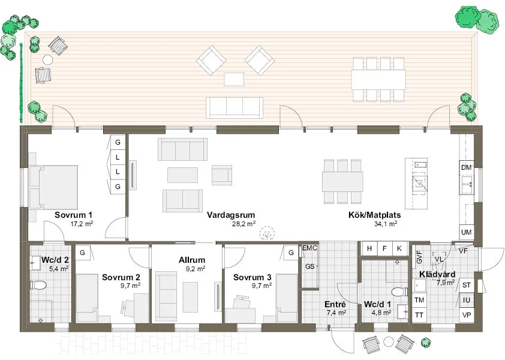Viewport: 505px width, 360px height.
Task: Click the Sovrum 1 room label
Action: [x=73, y=215]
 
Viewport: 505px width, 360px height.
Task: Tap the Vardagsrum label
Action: [x=231, y=215]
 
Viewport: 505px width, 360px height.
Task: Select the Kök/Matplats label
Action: [x=375, y=215]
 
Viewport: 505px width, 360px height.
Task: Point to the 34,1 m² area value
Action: [x=385, y=224]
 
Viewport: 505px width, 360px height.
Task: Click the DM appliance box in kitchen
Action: [x=467, y=167]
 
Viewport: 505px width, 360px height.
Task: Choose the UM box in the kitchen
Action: [x=467, y=232]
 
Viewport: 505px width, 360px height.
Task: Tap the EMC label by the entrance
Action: [x=309, y=248]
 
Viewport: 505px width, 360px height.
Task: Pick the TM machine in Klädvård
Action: [x=419, y=300]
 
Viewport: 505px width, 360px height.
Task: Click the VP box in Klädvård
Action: [x=467, y=315]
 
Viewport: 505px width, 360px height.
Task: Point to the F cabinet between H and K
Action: [x=384, y=248]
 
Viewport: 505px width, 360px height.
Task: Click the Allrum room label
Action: [x=192, y=260]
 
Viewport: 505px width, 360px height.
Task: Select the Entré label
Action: [x=335, y=305]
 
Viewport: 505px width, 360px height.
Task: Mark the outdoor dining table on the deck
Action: [x=378, y=80]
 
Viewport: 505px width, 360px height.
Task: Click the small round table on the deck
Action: [x=47, y=59]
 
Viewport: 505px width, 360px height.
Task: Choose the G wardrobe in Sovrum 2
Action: [x=83, y=253]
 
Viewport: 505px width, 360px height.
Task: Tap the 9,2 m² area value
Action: [x=196, y=268]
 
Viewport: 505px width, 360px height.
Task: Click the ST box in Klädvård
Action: [x=467, y=285]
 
